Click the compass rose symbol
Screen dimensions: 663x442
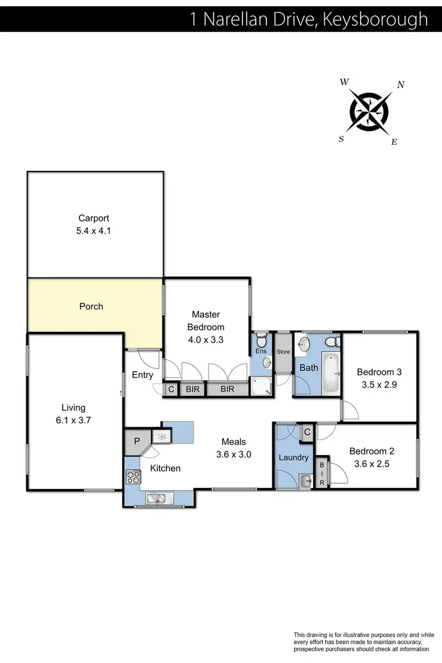[369, 110]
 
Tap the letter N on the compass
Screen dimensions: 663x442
[401, 85]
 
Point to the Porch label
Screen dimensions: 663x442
[91, 306]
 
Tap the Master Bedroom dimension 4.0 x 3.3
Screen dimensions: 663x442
[206, 339]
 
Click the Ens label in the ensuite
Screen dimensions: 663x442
[260, 351]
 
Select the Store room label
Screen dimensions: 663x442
[284, 352]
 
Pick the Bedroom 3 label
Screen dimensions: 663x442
[379, 372]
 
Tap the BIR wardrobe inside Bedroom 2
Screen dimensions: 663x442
[322, 473]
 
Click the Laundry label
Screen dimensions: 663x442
[293, 457]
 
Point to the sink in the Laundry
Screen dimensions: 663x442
[304, 481]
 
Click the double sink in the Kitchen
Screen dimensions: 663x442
[157, 499]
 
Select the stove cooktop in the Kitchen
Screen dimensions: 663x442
[131, 476]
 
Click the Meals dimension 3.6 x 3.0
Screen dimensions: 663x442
[233, 454]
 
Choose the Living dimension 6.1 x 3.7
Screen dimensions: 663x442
[74, 421]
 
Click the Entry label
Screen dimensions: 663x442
[143, 375]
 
